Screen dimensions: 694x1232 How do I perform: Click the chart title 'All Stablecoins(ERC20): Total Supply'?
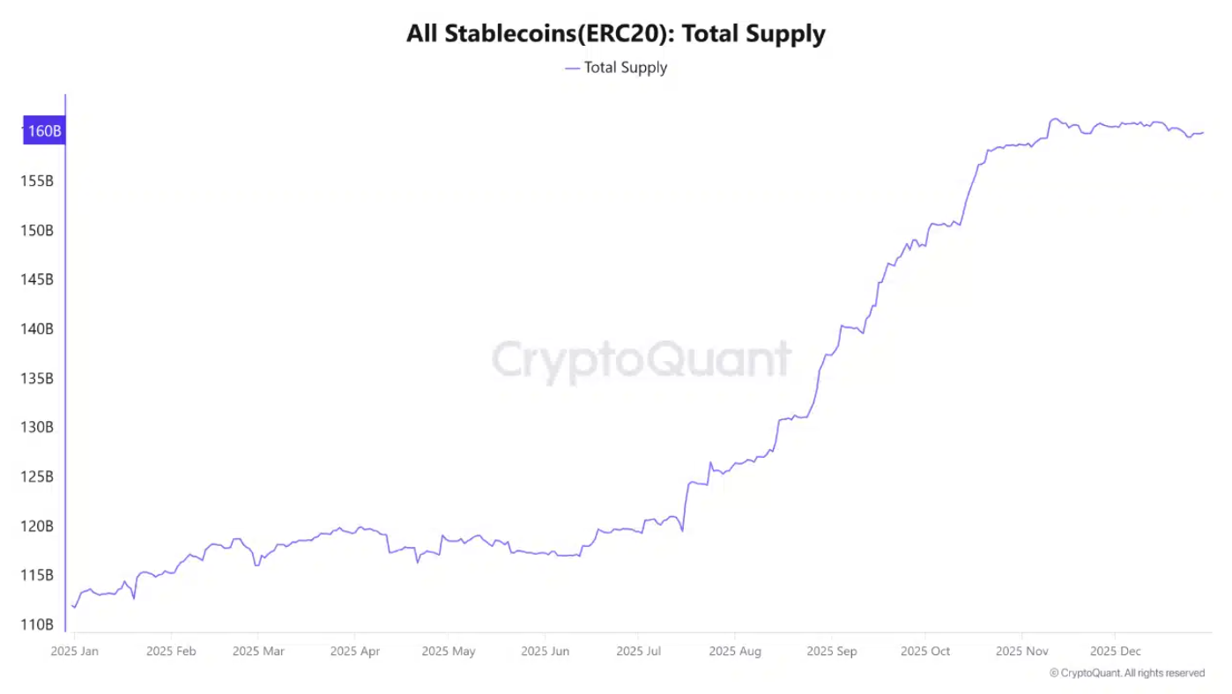[615, 34]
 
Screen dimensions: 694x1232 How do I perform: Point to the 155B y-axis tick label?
[38, 181]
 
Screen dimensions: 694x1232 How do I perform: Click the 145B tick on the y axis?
[38, 279]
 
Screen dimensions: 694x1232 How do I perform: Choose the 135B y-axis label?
[38, 378]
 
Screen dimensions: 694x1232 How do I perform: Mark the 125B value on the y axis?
[38, 476]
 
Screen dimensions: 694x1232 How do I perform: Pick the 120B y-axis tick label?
[38, 526]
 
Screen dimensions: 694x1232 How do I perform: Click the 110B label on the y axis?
[38, 624]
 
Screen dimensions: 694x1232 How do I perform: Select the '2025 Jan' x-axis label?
[75, 652]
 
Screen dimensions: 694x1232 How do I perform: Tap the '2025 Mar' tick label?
[258, 652]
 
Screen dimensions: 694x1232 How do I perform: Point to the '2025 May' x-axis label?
[449, 652]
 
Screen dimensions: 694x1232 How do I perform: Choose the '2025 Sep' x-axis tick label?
[831, 652]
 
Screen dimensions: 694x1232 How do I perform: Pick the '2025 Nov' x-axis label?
[1021, 652]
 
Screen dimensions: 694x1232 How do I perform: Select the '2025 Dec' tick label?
[1116, 652]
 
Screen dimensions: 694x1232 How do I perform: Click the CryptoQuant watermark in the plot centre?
[641, 360]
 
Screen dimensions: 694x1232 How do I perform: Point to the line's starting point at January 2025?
[72, 605]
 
